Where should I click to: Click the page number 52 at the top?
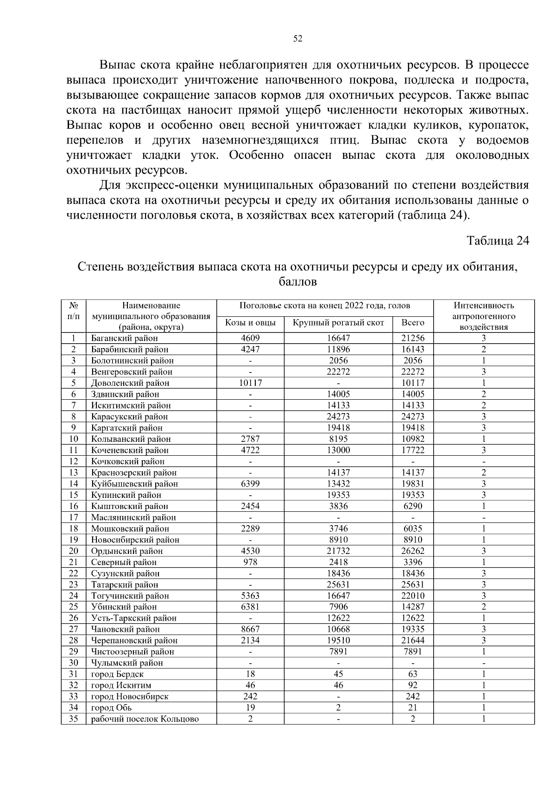[x=298, y=39]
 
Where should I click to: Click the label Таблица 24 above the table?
[x=498, y=241]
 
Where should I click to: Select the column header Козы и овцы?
[x=250, y=322]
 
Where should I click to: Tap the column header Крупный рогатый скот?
[x=338, y=322]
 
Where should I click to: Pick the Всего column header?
[x=412, y=322]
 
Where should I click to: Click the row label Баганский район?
[x=124, y=338]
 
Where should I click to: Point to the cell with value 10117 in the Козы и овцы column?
[x=250, y=383]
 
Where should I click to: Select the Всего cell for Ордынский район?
[x=412, y=551]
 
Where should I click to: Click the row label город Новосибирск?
[x=130, y=696]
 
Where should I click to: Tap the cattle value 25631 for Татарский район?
[x=338, y=585]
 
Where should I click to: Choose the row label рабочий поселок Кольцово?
[x=145, y=719]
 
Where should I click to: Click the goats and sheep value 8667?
[x=250, y=629]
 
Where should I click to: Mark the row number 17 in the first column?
[x=74, y=517]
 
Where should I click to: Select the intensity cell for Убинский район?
[x=483, y=607]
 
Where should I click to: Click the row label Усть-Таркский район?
[x=133, y=618]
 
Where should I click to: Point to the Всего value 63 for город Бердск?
[x=412, y=674]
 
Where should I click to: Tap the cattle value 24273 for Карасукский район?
[x=338, y=416]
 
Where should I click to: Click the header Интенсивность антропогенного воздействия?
[x=483, y=316]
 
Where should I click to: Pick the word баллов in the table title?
[x=298, y=282]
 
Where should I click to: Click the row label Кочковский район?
[x=127, y=461]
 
